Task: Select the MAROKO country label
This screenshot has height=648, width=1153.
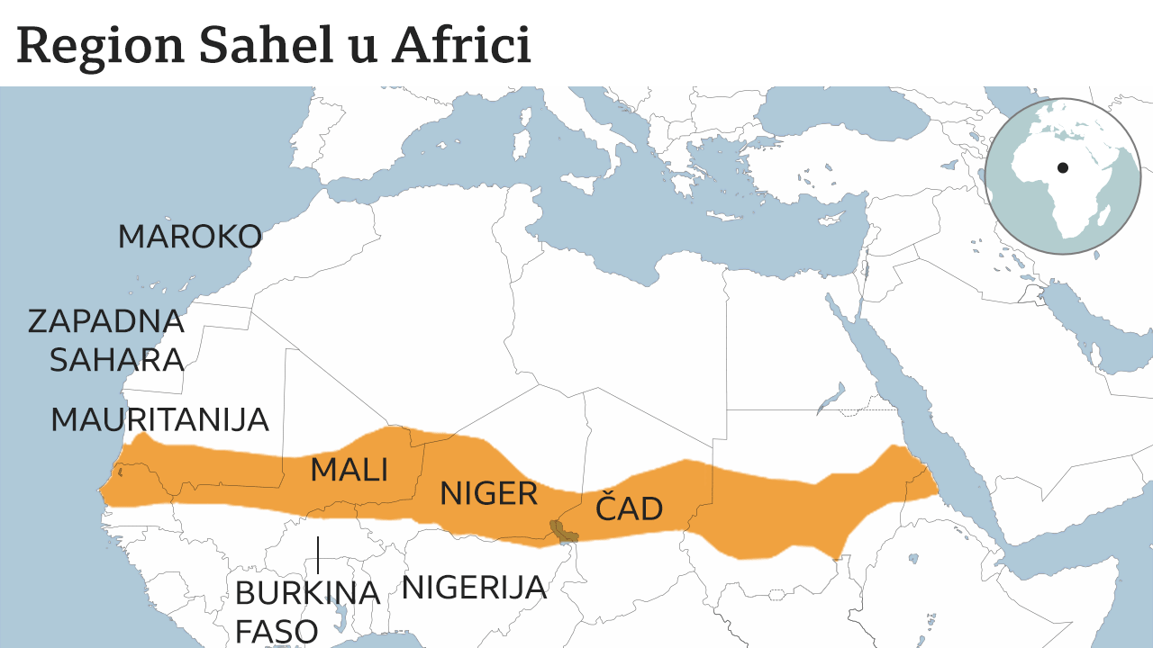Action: pos(189,238)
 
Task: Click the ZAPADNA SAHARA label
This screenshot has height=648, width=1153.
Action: pos(106,340)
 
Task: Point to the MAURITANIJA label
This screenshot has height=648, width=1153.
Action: pos(159,420)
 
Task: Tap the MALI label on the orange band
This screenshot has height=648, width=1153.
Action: pos(349,470)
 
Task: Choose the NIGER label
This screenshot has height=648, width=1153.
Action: pos(488,493)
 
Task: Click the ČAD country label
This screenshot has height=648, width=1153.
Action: pos(629,509)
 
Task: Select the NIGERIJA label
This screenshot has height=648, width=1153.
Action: pos(474,588)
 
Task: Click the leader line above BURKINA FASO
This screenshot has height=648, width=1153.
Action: pos(318,554)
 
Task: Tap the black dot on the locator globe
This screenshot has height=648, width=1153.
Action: pos(1063,167)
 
